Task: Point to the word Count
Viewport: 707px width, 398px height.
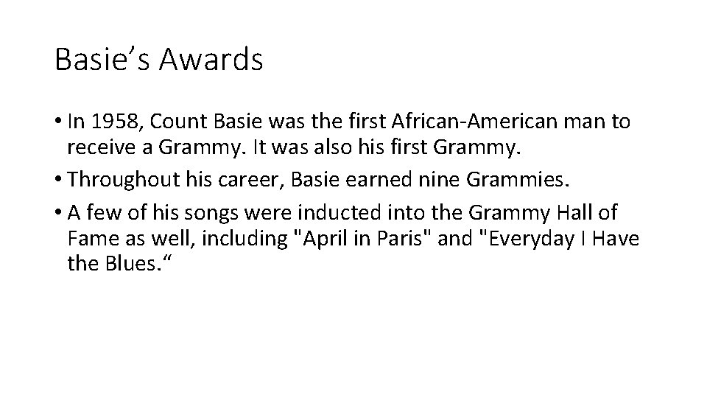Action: coord(174,122)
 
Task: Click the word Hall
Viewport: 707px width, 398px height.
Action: coord(580,213)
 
